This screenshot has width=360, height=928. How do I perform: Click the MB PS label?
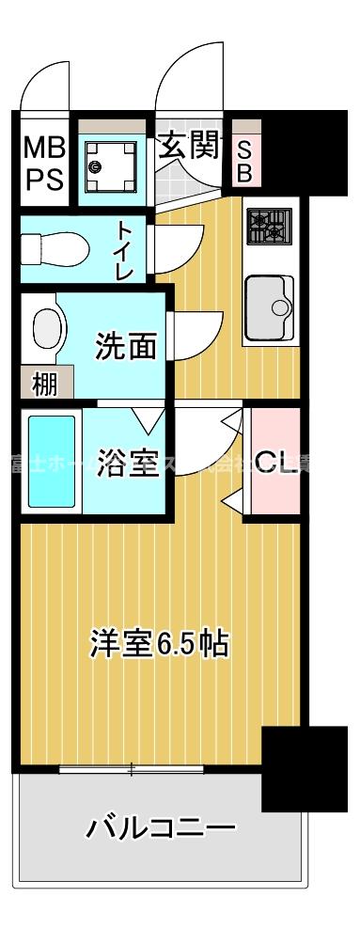(44, 163)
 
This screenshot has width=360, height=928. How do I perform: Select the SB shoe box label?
(244, 161)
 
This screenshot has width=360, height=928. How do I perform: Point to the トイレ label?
(125, 248)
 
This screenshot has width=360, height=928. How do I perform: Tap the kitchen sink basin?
(269, 306)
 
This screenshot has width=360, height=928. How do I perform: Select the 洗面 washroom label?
(126, 347)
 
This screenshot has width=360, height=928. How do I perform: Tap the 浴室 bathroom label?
(127, 463)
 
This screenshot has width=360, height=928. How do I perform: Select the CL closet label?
(276, 463)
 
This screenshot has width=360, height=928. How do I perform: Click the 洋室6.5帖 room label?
(159, 644)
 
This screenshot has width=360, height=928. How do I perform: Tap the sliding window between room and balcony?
(132, 770)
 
